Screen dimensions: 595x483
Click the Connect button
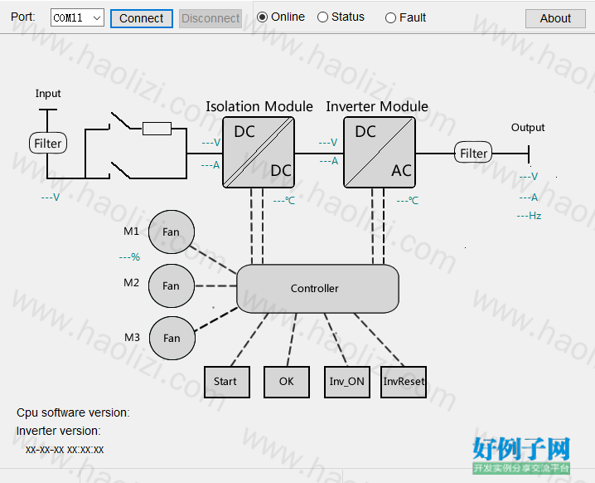[142, 18]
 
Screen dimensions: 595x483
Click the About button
[555, 18]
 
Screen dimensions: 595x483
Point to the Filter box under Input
[48, 144]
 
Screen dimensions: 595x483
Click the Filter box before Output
[473, 153]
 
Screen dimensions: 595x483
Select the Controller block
[317, 289]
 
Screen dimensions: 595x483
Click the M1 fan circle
[172, 232]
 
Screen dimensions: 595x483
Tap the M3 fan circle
[172, 339]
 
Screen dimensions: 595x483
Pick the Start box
[227, 382]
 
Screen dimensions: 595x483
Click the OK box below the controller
[287, 382]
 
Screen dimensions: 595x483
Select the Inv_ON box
[347, 382]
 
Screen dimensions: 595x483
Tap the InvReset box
[404, 382]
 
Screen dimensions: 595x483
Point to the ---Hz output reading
[529, 216]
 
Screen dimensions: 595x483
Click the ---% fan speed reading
[129, 257]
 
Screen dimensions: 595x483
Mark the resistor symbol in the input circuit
[157, 129]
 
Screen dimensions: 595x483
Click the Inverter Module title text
[377, 106]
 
